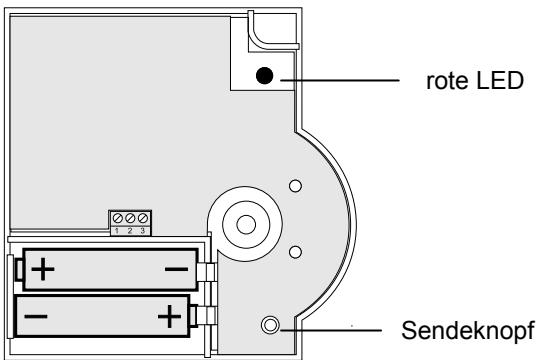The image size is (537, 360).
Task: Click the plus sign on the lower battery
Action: click(170, 318)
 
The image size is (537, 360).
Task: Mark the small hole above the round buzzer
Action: click(295, 186)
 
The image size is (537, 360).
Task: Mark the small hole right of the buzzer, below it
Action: click(295, 251)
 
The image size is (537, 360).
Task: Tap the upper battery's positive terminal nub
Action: click(13, 270)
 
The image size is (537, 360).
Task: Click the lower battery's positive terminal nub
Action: click(206, 317)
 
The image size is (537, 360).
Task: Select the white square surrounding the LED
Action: click(251, 90)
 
